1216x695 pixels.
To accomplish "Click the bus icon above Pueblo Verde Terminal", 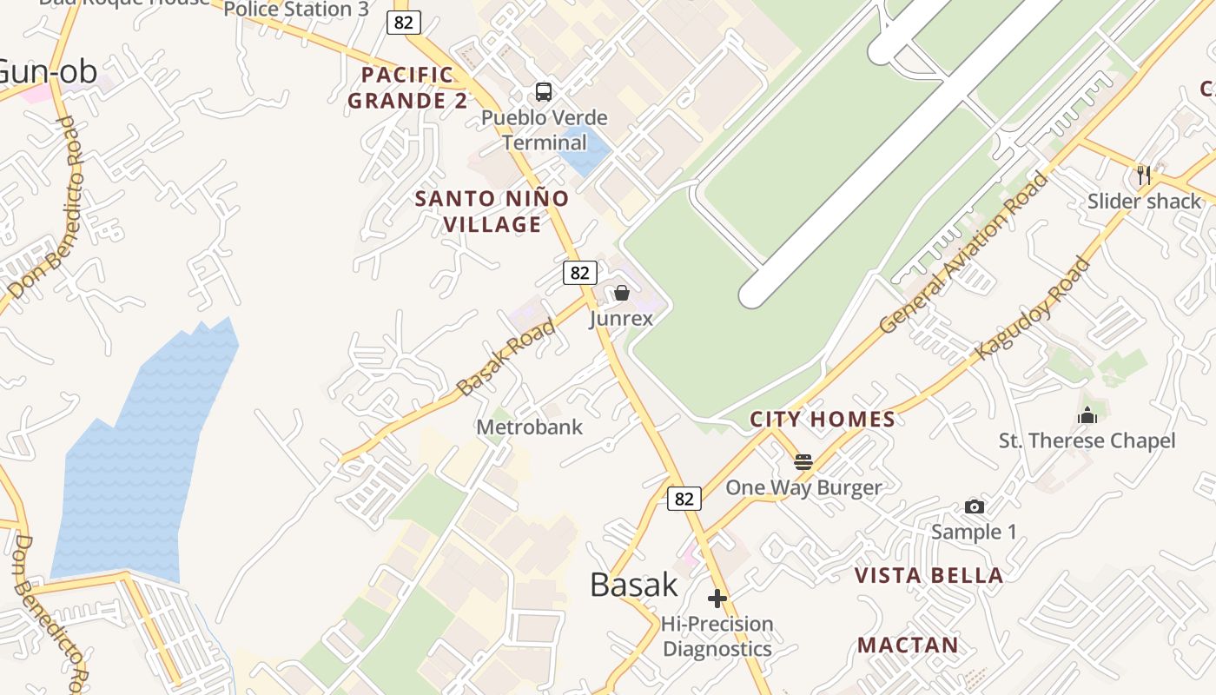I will [x=544, y=92].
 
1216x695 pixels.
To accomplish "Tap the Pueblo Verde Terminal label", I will [x=545, y=129].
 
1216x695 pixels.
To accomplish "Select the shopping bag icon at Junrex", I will [x=622, y=293].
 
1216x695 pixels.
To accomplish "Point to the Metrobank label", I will [x=530, y=427].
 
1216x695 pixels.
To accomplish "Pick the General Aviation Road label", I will [x=964, y=253].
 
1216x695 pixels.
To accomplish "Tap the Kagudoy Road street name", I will [x=1033, y=308].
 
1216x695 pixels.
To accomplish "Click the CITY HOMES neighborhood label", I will [x=823, y=420].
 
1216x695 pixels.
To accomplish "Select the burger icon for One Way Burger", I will [x=803, y=461].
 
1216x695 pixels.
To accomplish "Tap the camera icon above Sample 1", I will [x=975, y=506].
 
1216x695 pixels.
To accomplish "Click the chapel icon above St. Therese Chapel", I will [x=1087, y=415].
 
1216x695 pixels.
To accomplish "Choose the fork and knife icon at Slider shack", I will [x=1144, y=175].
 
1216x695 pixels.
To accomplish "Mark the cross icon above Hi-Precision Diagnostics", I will [x=717, y=599].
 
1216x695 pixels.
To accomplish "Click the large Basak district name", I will [x=634, y=585].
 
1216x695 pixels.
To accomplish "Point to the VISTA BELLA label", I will [x=929, y=575].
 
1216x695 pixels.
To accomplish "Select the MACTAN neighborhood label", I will [x=909, y=645].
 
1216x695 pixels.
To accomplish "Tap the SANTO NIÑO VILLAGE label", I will [x=492, y=211].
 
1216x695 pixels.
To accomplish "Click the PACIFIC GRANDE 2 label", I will [x=408, y=88].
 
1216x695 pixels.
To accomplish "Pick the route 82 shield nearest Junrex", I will [x=579, y=273].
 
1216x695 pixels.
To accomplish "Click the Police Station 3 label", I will [x=296, y=10].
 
